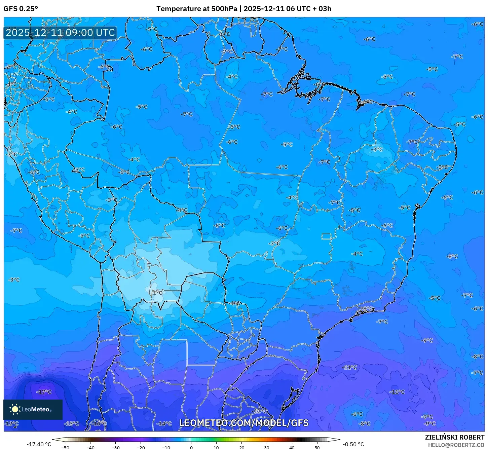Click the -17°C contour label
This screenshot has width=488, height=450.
44,392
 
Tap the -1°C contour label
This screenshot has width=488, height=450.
156,293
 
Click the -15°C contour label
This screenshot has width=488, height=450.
72,423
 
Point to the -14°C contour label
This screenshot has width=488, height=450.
164,423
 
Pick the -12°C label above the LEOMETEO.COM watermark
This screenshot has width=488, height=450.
259,411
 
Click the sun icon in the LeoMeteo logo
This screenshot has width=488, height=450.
15,409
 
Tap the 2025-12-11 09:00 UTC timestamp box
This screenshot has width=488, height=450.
60,33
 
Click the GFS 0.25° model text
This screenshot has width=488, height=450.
21,9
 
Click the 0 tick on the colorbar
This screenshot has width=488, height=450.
191,447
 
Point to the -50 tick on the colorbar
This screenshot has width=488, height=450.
65,447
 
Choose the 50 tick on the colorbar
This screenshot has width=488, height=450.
317,447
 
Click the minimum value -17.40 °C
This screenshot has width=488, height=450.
39,444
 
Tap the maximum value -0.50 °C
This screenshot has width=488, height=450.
353,444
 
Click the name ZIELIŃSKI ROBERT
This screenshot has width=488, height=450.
454,437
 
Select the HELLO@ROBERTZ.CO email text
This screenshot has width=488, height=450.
456,445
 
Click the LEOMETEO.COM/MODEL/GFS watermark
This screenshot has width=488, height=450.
244,423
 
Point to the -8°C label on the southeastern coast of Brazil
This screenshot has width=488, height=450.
367,308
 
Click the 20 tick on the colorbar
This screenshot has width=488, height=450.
242,447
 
